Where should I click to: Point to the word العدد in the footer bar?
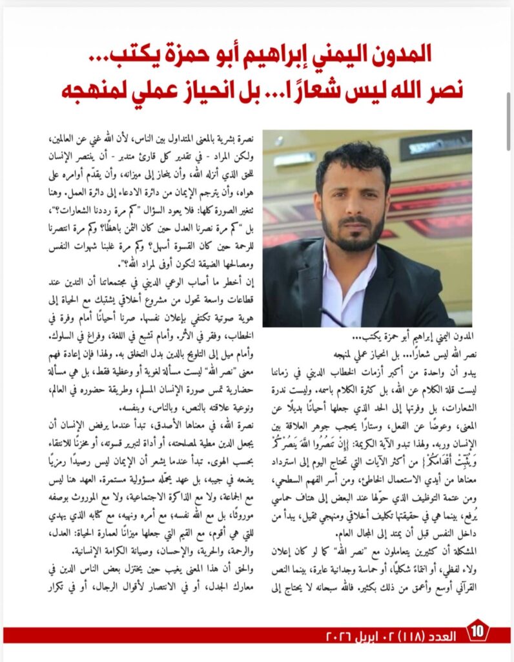click(444, 635)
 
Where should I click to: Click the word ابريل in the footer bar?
click(361, 635)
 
